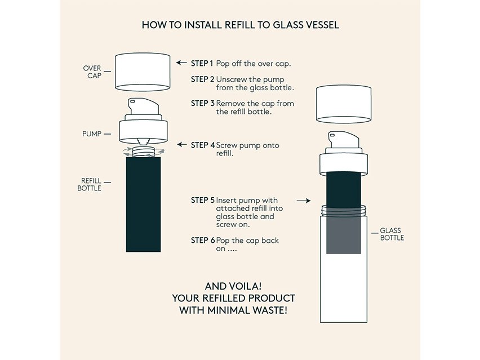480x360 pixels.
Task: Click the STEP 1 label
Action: point(202,63)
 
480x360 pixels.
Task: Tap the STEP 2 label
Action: point(202,79)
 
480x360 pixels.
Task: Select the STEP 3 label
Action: point(202,104)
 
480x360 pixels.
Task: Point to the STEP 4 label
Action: point(203,145)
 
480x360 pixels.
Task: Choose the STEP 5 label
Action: point(202,200)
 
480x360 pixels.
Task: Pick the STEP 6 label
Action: point(202,241)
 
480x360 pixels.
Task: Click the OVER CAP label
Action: point(92,72)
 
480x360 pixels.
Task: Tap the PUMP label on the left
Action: point(91,134)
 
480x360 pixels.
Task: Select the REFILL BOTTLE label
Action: point(89,184)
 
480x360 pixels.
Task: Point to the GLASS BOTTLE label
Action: point(392,234)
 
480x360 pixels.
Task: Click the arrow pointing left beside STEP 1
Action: point(181,63)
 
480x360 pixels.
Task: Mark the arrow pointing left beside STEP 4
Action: point(182,144)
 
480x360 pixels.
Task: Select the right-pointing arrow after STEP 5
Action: point(304,201)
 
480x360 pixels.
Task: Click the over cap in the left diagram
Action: point(143,72)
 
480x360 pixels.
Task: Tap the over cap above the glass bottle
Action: point(344,104)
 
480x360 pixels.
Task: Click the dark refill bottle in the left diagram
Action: point(143,205)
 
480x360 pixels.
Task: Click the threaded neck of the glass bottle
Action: point(344,211)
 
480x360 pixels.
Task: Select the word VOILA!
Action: point(247,286)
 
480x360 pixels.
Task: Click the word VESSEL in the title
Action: point(322,25)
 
